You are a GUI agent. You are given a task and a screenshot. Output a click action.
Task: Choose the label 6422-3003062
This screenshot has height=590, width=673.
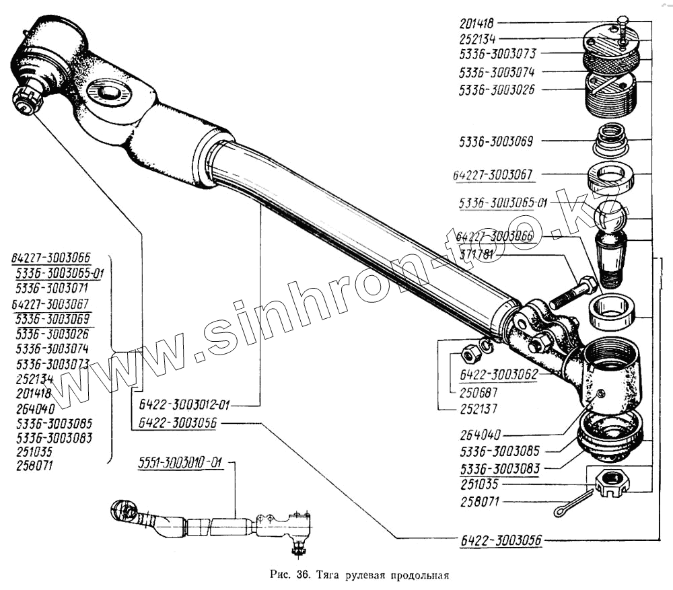pyautogui.click(x=498, y=375)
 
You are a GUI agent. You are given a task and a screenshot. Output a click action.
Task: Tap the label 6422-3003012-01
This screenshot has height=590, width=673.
pyautogui.click(x=184, y=404)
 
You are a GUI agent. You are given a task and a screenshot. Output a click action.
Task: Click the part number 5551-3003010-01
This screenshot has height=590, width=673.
pyautogui.click(x=181, y=463)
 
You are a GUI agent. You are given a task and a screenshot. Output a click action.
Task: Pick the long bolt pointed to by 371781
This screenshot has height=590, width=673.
pyautogui.click(x=573, y=293)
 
